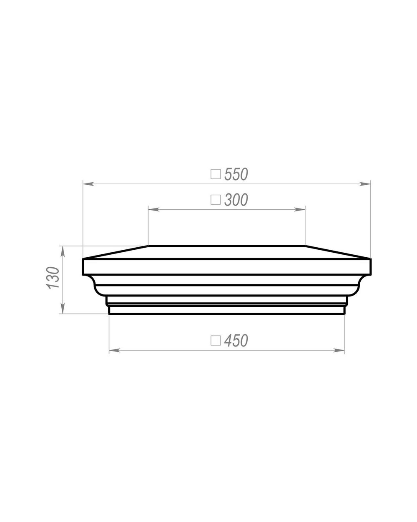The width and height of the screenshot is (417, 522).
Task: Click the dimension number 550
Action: pyautogui.click(x=236, y=174)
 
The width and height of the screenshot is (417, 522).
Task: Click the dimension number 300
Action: pyautogui.click(x=236, y=200)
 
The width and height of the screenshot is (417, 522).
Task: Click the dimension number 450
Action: pyautogui.click(x=236, y=340)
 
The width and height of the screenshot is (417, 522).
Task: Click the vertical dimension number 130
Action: pyautogui.click(x=53, y=278)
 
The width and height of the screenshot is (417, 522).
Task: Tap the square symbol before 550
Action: pyautogui.click(x=216, y=174)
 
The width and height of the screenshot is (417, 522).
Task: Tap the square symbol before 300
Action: pyautogui.click(x=216, y=200)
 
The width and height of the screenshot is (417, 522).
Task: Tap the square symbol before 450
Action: pyautogui.click(x=216, y=340)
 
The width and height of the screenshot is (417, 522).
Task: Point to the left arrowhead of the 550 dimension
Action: pyautogui.click(x=88, y=184)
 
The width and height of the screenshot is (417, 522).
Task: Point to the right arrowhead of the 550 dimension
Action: pyautogui.click(x=365, y=184)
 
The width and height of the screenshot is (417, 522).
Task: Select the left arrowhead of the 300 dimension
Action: pyautogui.click(x=153, y=209)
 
